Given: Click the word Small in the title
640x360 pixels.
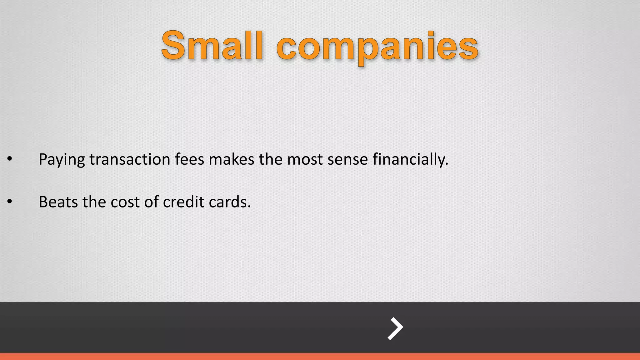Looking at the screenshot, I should point(212,46).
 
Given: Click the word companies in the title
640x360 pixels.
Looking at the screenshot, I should point(377,47).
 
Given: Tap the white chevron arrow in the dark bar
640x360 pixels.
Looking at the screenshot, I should point(395,328).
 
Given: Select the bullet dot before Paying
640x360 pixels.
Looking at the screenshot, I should point(10,159).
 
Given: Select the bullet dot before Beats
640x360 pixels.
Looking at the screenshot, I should point(10,202).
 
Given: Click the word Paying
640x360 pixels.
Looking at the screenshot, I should point(62,160).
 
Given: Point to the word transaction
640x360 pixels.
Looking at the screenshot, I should point(130,159).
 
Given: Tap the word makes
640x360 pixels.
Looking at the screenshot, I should point(231,159).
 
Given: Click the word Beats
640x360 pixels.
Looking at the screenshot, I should point(58,202).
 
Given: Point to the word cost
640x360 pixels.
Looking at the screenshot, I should point(125,202).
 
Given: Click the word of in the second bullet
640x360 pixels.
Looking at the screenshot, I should point(151,202).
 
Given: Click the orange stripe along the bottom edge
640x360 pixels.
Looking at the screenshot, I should point(320,357).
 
